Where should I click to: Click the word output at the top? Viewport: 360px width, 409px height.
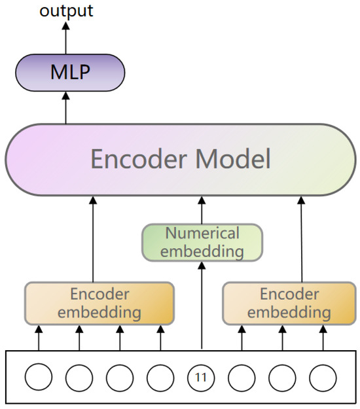(x=66, y=10)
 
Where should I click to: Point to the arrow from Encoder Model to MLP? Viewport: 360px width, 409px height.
(x=65, y=107)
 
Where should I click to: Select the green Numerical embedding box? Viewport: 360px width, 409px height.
(x=202, y=242)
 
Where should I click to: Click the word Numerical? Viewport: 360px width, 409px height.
(x=202, y=234)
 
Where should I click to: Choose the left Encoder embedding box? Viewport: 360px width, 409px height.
(x=99, y=303)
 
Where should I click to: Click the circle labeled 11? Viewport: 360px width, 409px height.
(x=201, y=378)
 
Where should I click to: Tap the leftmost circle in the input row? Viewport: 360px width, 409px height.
(x=39, y=378)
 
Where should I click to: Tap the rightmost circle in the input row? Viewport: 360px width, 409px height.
(x=322, y=378)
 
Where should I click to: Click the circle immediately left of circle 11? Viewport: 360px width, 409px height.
(x=160, y=378)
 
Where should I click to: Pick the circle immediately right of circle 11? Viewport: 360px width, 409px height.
(x=242, y=378)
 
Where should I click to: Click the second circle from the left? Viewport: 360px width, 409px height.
(x=79, y=378)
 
